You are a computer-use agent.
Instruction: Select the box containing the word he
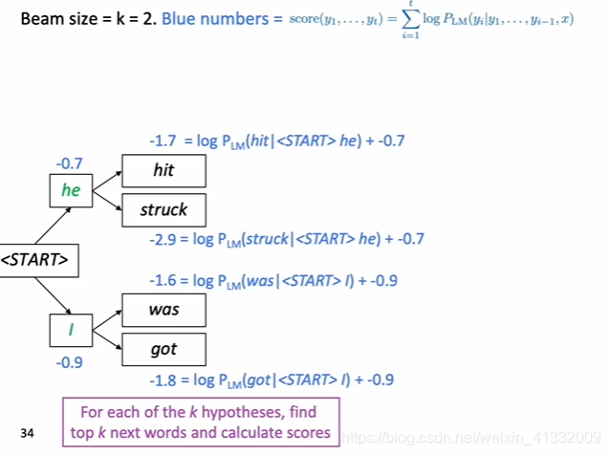pyautogui.click(x=72, y=189)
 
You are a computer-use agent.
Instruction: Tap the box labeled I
pyautogui.click(x=72, y=330)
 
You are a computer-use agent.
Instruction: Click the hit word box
pyautogui.click(x=163, y=171)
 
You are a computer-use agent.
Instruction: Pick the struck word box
pyautogui.click(x=163, y=209)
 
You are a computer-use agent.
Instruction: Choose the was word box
pyautogui.click(x=163, y=310)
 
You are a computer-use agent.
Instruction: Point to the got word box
pyautogui.click(x=163, y=349)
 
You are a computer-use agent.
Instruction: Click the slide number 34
pyautogui.click(x=27, y=434)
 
